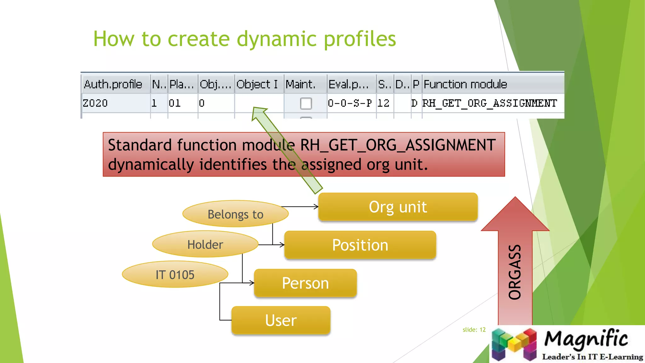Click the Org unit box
[x=398, y=207]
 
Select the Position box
[x=360, y=245]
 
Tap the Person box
[x=305, y=283]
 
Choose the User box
[x=281, y=320]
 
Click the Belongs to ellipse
[x=235, y=214]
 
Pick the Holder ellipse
[x=205, y=244]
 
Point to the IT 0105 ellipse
[x=175, y=274]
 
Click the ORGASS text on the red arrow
[x=515, y=272]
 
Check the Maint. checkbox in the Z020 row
[x=306, y=103]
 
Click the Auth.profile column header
[x=113, y=84]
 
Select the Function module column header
[x=465, y=84]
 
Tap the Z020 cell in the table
[x=95, y=103]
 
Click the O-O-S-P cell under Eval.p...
[x=350, y=103]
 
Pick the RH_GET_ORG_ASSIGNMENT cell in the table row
[x=489, y=103]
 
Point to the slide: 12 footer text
[x=474, y=330]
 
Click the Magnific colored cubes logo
[x=514, y=344]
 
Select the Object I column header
[x=257, y=84]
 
